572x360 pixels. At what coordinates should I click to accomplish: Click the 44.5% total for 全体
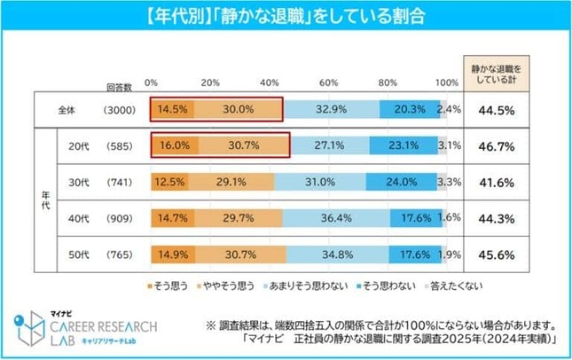(498, 111)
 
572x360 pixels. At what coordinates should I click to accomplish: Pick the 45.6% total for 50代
(498, 255)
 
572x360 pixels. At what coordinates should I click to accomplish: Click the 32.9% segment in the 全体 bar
(330, 111)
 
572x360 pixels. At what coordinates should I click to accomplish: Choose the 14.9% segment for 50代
(172, 255)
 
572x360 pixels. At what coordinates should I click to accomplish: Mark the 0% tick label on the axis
(151, 82)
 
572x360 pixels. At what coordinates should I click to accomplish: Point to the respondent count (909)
(117, 218)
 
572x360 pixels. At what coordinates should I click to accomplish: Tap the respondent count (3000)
(117, 111)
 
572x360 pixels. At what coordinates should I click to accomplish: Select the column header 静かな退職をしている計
(498, 74)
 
